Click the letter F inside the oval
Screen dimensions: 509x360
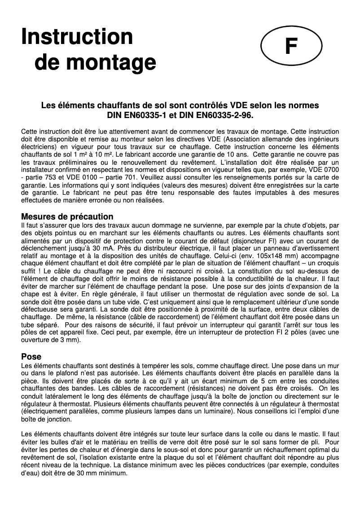[x=291, y=46]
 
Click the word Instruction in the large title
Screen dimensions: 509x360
[x=77, y=37]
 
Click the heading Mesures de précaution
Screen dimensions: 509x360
[x=67, y=217]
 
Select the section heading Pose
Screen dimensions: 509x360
[x=31, y=357]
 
